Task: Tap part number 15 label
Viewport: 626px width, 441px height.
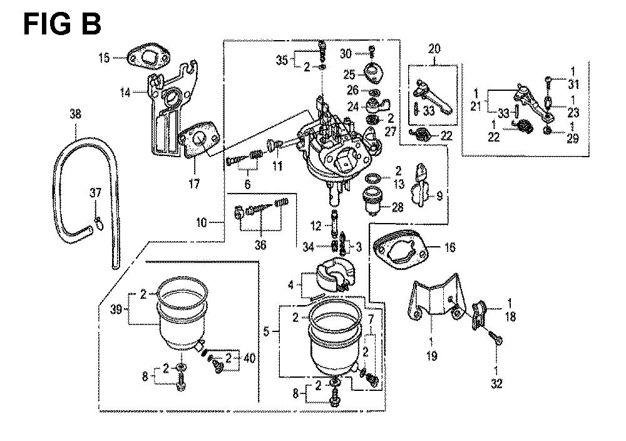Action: (x=104, y=58)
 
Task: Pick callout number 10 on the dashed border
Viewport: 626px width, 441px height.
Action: (x=201, y=222)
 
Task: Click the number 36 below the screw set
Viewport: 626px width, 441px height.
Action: (x=260, y=244)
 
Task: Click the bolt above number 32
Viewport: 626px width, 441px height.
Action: (x=496, y=339)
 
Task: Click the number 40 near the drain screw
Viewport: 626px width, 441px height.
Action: (x=249, y=359)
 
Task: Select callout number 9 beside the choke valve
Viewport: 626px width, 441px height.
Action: (x=439, y=196)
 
